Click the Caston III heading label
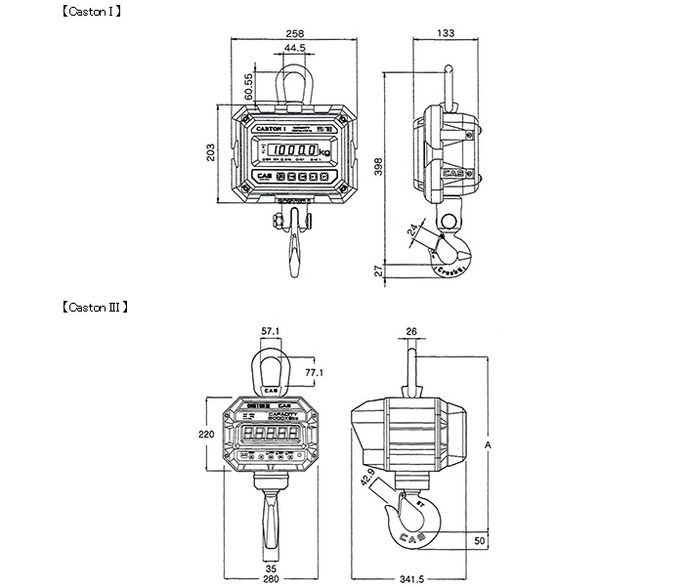pyautogui.click(x=95, y=306)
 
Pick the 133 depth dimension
pyautogui.click(x=447, y=32)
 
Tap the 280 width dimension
pyautogui.click(x=271, y=579)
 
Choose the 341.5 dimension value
pyautogui.click(x=416, y=579)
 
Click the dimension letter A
pyautogui.click(x=487, y=445)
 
